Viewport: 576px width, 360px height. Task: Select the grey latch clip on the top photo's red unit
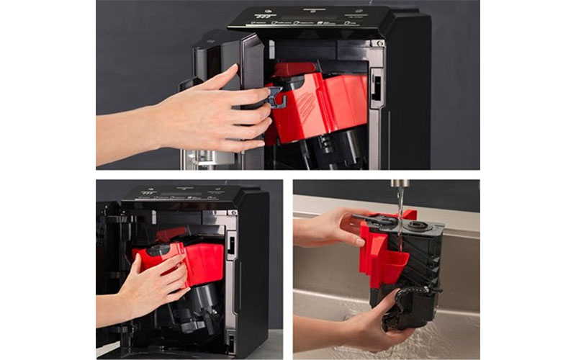[276, 97]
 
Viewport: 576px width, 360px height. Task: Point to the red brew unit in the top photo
[324, 101]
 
